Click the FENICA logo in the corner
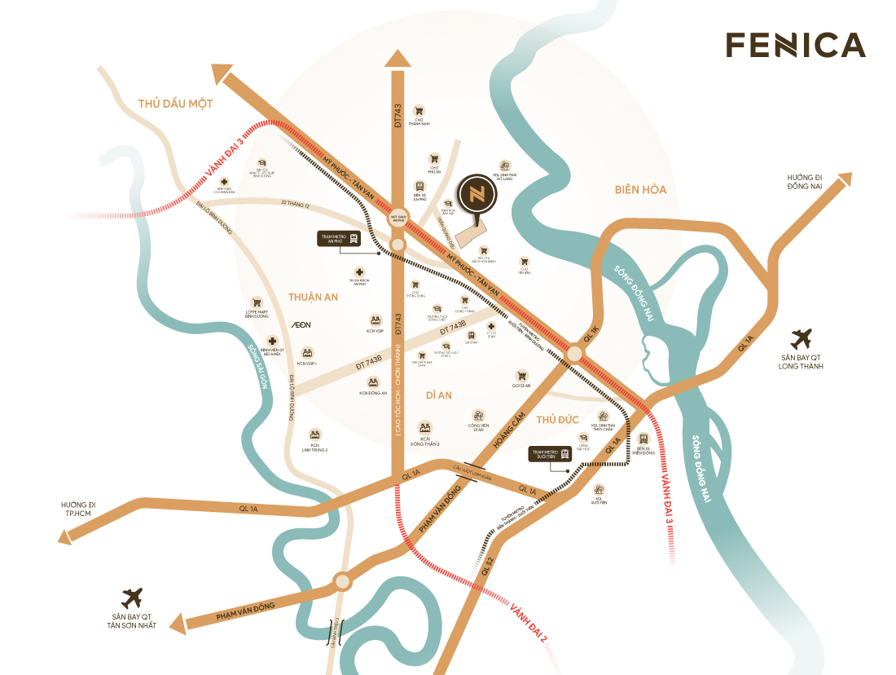coord(795,45)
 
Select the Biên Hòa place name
coord(640,190)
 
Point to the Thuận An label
coord(313,298)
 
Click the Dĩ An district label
coord(438,395)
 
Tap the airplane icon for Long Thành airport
coord(802,337)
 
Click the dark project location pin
coord(473,196)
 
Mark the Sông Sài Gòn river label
coord(258,364)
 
